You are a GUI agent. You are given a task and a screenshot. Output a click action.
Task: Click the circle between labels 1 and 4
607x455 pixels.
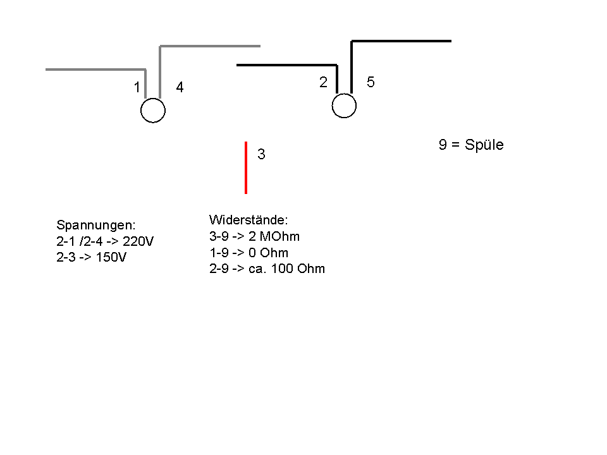coord(152,111)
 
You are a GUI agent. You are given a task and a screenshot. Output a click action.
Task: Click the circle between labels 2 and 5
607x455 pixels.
coord(344,106)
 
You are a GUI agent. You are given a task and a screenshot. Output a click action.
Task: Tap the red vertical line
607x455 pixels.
coord(246,167)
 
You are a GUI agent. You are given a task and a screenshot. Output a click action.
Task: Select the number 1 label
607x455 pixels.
coord(137,88)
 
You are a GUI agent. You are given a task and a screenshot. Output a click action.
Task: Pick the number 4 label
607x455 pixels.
coord(180,88)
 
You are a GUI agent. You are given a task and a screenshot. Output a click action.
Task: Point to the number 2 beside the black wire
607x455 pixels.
coord(323,82)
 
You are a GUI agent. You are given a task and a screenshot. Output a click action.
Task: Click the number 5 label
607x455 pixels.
coord(371,82)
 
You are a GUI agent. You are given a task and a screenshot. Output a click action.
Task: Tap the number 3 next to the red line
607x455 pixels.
coord(261,154)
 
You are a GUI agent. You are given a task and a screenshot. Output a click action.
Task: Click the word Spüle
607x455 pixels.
coord(484,145)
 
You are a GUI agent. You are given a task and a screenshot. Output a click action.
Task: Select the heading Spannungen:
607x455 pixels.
coord(96,225)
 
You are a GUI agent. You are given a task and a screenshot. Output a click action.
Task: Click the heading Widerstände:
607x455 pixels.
coord(248,220)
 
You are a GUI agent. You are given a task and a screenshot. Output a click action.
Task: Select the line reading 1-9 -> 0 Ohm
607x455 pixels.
coord(248,253)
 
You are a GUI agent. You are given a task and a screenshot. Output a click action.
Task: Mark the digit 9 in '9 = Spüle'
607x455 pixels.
coord(443,145)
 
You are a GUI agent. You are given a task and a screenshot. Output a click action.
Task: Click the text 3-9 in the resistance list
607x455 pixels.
coord(219,236)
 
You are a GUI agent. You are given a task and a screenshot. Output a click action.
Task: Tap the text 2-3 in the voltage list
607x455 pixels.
coord(66,258)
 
